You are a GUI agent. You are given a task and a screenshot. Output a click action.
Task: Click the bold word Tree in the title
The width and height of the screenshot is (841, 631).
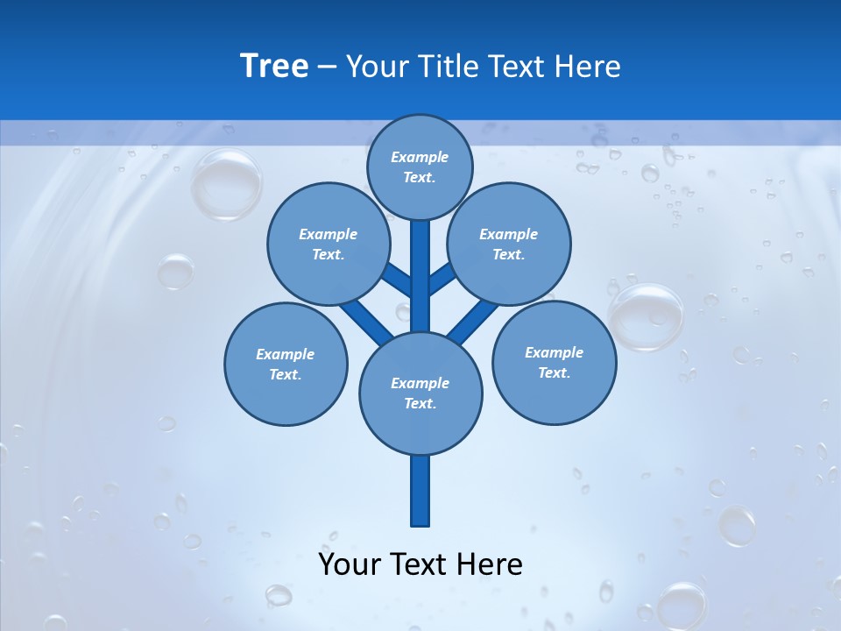coord(274,66)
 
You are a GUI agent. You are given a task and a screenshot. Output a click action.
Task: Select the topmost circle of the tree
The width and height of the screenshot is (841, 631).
coord(420,167)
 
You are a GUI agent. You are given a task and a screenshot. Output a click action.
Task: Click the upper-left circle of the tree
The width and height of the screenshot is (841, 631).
coord(328,244)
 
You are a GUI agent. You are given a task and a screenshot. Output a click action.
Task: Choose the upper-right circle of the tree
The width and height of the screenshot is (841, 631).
coord(508,244)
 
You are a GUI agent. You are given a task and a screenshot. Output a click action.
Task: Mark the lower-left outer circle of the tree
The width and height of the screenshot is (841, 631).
coord(286,364)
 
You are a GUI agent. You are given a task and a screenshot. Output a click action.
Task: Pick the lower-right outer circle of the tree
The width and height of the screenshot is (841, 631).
coord(554,362)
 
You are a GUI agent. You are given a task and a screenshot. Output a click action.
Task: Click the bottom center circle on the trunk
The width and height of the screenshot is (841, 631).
coord(420,393)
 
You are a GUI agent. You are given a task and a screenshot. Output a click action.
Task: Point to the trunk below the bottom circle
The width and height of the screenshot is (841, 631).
coord(420,491)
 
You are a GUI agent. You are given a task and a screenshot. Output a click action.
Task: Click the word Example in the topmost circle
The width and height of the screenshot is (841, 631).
coord(420,157)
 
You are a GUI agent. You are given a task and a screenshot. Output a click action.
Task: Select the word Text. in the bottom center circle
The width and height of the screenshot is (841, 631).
coord(420,404)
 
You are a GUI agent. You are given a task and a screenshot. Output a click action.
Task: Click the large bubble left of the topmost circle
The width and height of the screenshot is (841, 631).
coord(226,184)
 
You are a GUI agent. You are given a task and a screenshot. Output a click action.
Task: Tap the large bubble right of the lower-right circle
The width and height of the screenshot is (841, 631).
coord(647,316)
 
